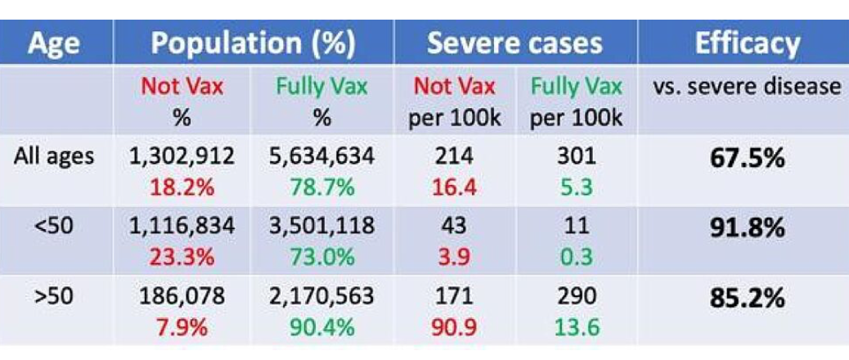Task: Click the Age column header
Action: tap(54, 43)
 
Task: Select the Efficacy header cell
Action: tap(748, 43)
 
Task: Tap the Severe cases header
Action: tap(514, 43)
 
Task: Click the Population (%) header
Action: tap(253, 43)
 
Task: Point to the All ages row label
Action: tap(54, 156)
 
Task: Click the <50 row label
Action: tap(54, 225)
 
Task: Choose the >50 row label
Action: tap(54, 295)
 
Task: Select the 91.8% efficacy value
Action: tap(748, 227)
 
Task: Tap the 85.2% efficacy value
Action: tap(748, 297)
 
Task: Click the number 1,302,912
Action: tap(182, 156)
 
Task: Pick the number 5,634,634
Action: tap(321, 156)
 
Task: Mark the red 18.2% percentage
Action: tap(182, 187)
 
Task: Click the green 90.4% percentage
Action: tap(321, 327)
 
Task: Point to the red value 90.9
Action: tap(454, 327)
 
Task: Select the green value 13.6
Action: tap(576, 327)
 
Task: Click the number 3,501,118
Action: tap(321, 225)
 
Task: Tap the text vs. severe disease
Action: tap(748, 87)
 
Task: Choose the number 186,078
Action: tap(182, 295)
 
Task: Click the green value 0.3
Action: tap(576, 257)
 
